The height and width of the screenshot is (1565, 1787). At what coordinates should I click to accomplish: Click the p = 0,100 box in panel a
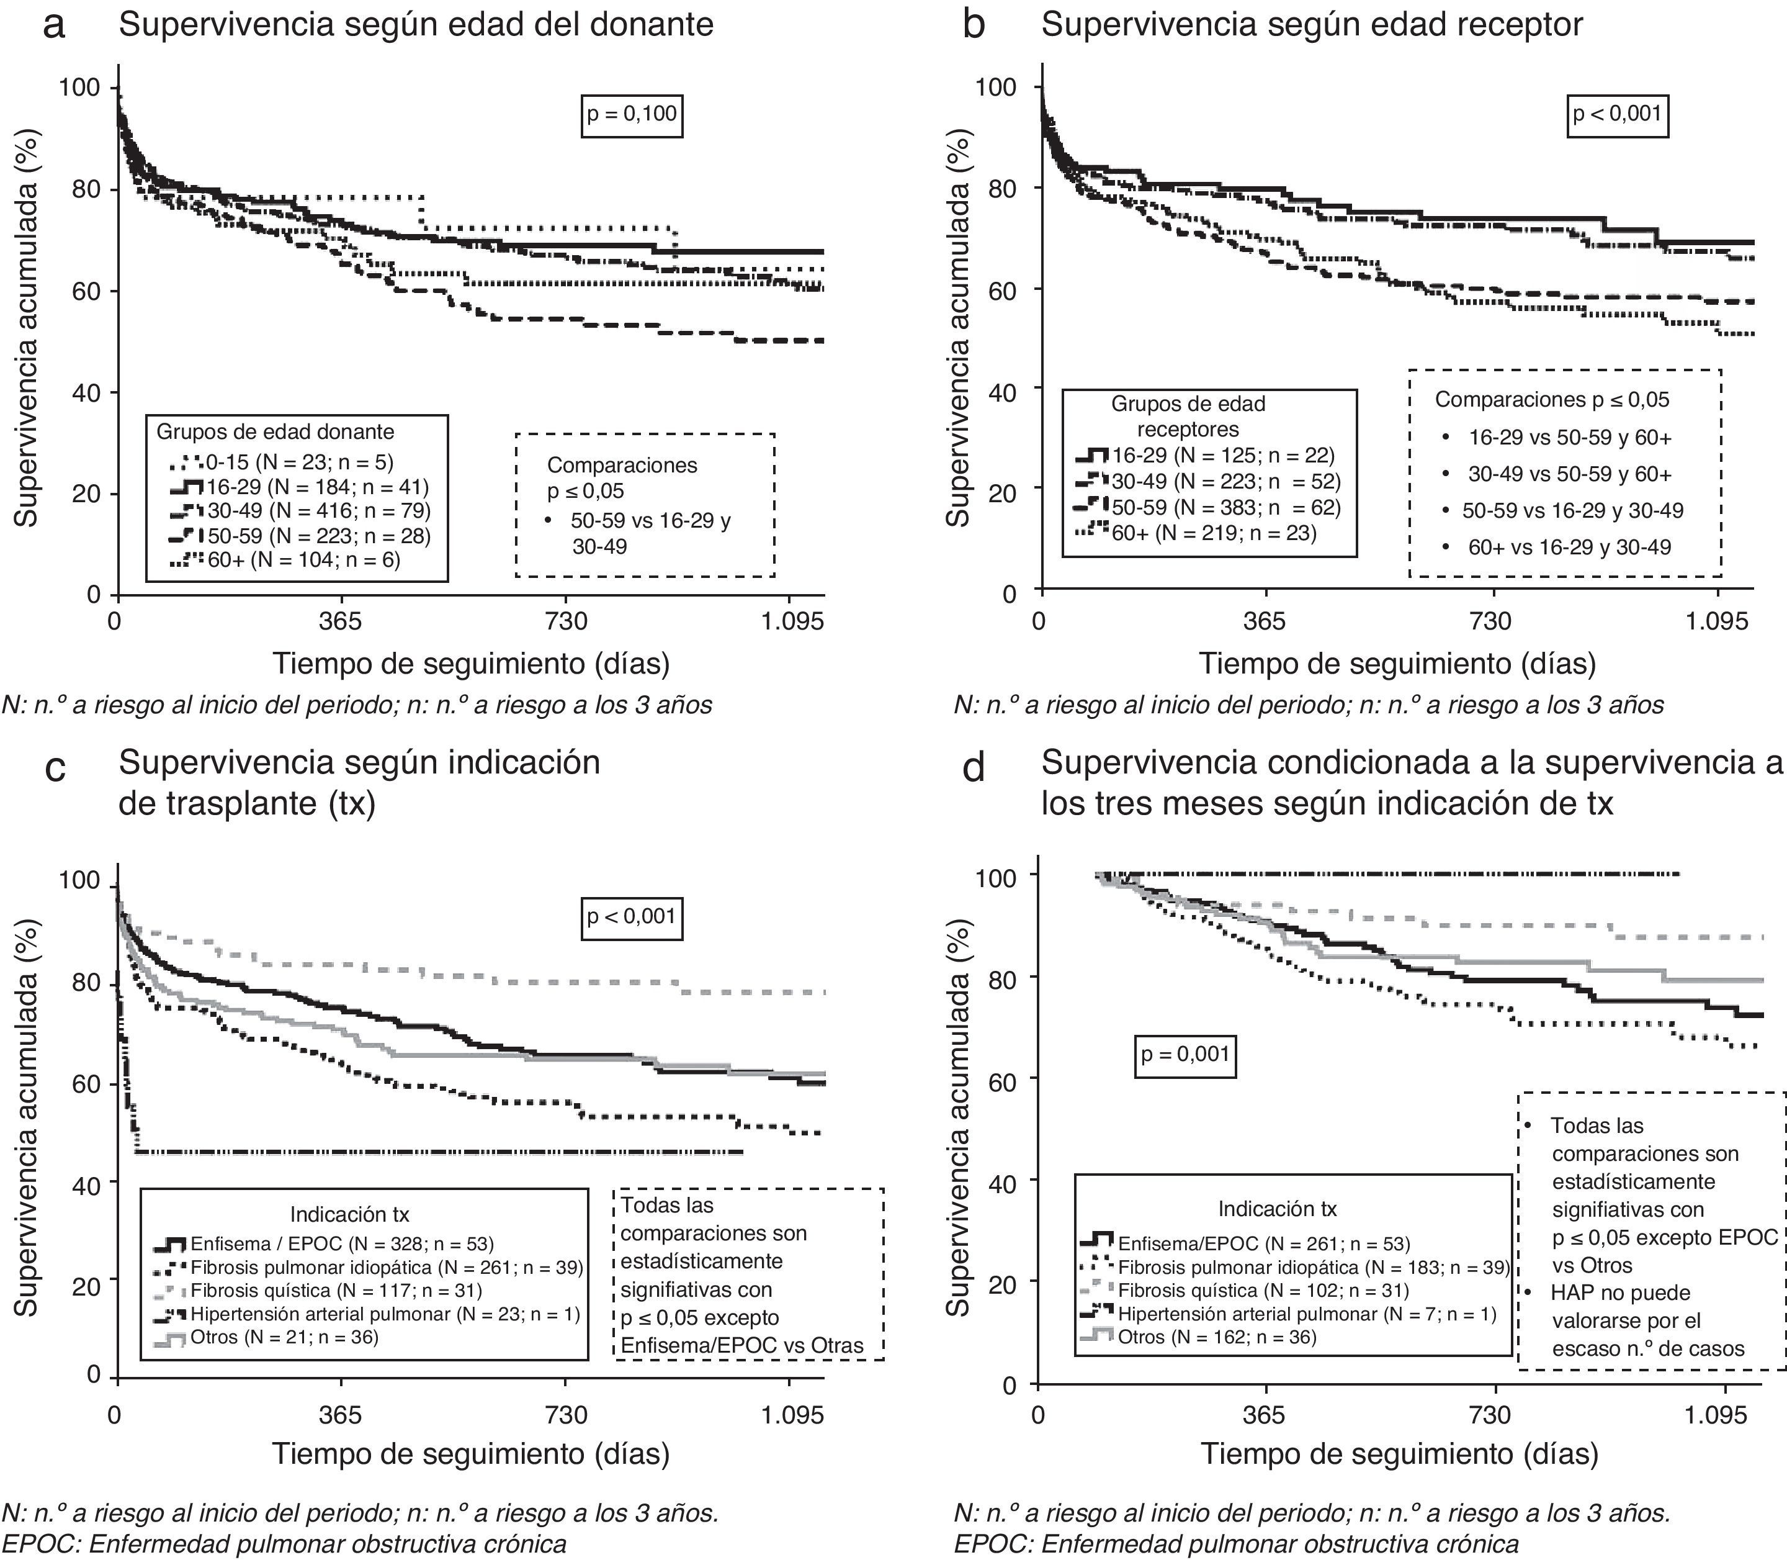tap(631, 114)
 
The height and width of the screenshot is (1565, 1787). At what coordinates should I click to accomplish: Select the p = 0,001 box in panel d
tap(1185, 1054)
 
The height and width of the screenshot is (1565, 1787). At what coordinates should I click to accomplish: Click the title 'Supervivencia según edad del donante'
tap(416, 24)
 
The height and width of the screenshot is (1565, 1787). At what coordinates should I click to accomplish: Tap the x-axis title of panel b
tap(1396, 664)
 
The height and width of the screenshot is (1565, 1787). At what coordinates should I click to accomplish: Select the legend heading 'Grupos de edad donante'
tap(275, 431)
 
